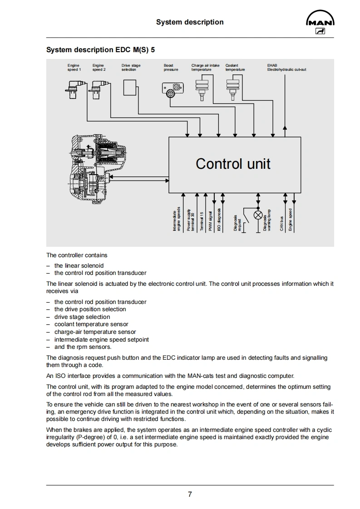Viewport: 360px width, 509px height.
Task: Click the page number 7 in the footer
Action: pyautogui.click(x=190, y=494)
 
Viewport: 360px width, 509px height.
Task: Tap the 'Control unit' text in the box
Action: pyautogui.click(x=233, y=163)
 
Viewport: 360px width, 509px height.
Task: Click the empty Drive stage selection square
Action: pyautogui.click(x=130, y=87)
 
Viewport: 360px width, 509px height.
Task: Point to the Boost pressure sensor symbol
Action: pyautogui.click(x=173, y=89)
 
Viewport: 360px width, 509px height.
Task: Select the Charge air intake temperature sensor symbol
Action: pyautogui.click(x=202, y=87)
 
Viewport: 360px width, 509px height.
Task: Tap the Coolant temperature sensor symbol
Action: pyautogui.click(x=232, y=87)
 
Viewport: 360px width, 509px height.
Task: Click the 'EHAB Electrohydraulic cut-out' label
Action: pyautogui.click(x=286, y=68)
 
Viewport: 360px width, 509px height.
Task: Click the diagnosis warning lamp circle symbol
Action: pyautogui.click(x=258, y=215)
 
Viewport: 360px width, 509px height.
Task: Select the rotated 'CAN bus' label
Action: pyautogui.click(x=282, y=223)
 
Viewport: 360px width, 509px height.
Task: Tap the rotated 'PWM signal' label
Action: pyautogui.click(x=211, y=221)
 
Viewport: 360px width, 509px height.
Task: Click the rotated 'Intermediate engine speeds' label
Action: pyautogui.click(x=177, y=220)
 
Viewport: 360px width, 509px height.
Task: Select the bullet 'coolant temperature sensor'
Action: pyautogui.click(x=91, y=324)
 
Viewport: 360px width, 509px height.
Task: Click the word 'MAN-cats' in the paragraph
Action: pyautogui.click(x=200, y=376)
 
